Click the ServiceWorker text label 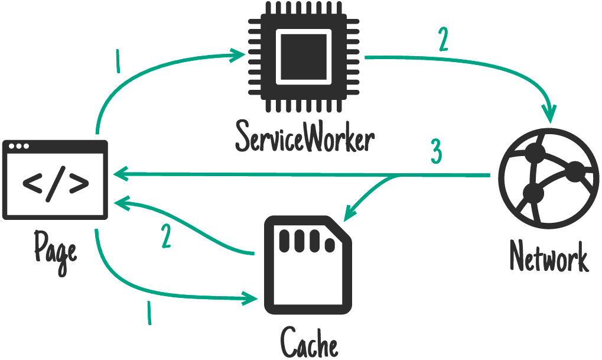(x=305, y=137)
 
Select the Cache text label (x=309, y=342)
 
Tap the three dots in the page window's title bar (x=18, y=147)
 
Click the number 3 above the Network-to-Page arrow (x=435, y=153)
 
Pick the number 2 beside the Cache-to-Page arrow (x=167, y=236)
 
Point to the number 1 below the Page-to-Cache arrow (x=148, y=313)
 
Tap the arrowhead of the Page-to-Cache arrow (x=252, y=297)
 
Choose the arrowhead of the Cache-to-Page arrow (x=121, y=205)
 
